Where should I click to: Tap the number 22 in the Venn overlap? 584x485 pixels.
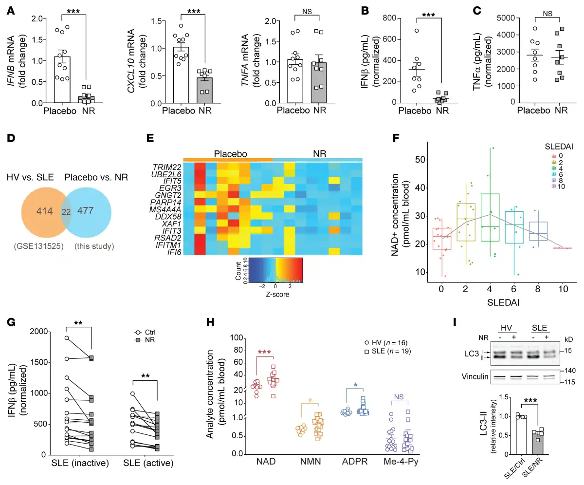66,211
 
